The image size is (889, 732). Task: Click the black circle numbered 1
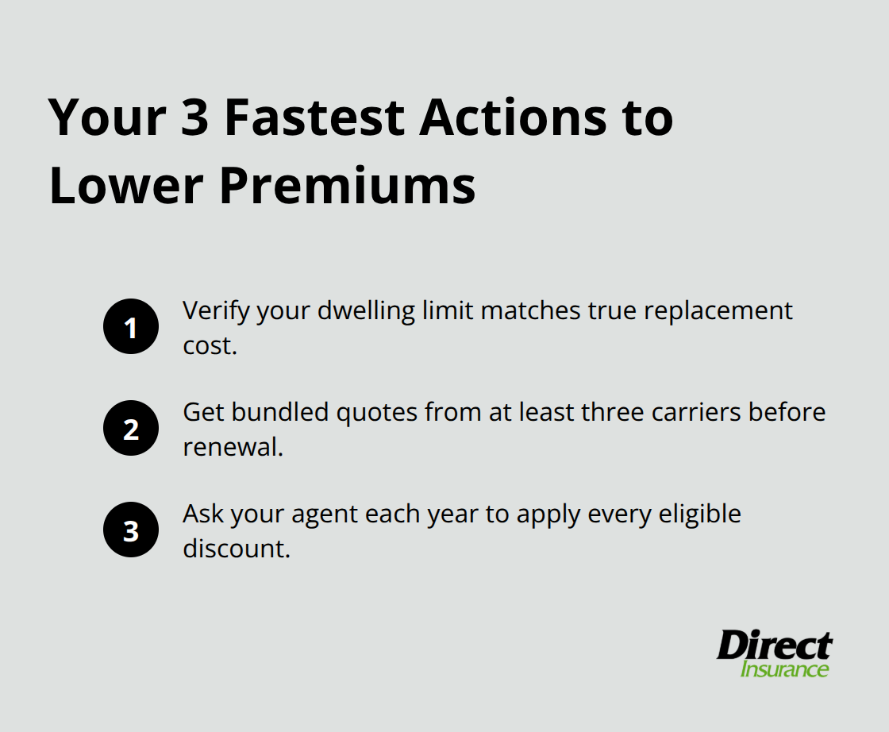click(131, 327)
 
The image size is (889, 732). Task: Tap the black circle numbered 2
click(131, 429)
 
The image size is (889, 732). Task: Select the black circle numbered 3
click(131, 530)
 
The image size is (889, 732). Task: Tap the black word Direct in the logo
click(774, 645)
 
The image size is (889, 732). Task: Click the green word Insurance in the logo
click(784, 668)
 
